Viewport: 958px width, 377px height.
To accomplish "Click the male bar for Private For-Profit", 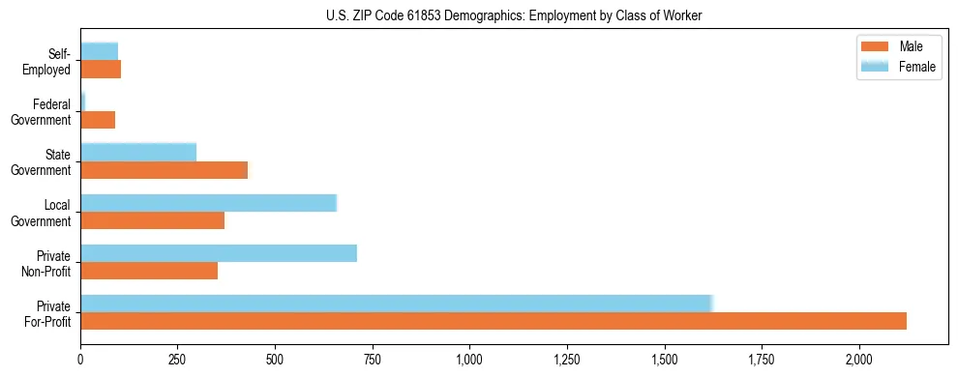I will (494, 321).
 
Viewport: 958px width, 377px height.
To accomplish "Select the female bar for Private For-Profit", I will (397, 304).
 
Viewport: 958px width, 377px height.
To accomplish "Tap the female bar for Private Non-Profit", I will (219, 253).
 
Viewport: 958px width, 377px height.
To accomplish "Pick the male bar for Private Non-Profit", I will (149, 271).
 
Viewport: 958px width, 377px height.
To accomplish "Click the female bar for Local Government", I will (208, 203).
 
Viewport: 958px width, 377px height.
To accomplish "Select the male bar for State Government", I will (165, 170).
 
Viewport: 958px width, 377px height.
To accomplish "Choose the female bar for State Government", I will (138, 152).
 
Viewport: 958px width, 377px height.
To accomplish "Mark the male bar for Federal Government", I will (98, 120).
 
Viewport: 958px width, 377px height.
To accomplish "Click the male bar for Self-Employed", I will (101, 70).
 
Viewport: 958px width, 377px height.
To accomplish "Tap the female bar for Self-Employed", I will (100, 51).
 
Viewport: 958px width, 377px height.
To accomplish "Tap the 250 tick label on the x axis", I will (178, 360).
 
